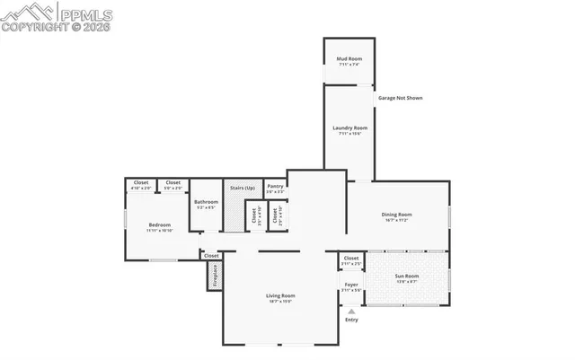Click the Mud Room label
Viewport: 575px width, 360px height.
click(349, 59)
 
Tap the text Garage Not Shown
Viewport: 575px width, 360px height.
click(400, 98)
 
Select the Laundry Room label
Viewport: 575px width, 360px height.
click(349, 128)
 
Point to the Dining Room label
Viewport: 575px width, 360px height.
click(396, 215)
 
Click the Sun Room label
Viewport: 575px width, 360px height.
click(407, 276)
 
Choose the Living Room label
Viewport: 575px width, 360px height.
click(280, 295)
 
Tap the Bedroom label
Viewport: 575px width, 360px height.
click(160, 224)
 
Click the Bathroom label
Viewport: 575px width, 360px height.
click(206, 202)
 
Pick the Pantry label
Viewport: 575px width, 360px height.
click(275, 186)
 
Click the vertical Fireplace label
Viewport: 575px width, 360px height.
click(216, 276)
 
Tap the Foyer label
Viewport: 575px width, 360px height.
click(351, 285)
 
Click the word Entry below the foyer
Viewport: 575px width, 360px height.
click(351, 320)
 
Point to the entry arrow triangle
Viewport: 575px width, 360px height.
click(351, 311)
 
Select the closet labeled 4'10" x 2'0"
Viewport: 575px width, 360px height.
click(141, 182)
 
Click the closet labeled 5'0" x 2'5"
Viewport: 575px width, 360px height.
click(172, 182)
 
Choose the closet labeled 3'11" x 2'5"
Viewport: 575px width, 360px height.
click(351, 259)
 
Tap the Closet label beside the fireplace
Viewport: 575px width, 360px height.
click(211, 256)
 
